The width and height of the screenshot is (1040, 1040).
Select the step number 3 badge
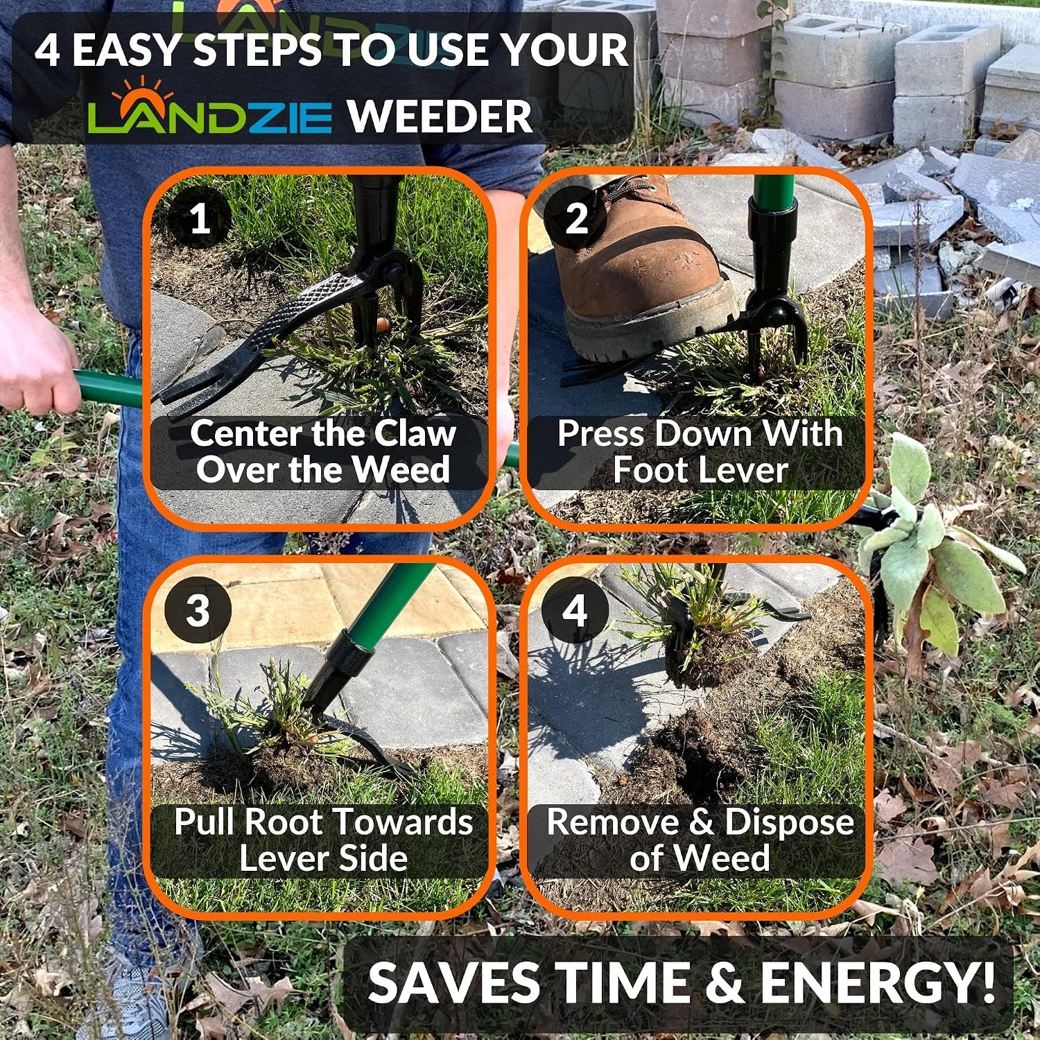pyautogui.click(x=198, y=610)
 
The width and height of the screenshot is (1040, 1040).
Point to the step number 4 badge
pyautogui.click(x=575, y=610)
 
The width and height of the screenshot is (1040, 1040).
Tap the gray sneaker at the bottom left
pyautogui.click(x=132, y=998)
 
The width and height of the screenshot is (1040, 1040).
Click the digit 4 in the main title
pyautogui.click(x=47, y=51)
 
